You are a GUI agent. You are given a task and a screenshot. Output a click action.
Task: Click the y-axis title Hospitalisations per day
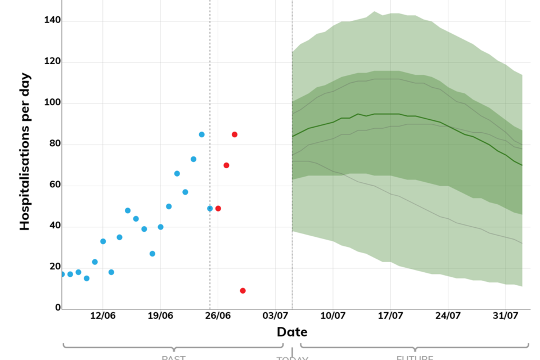pos(25,152)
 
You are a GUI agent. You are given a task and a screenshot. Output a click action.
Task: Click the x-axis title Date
pos(292,332)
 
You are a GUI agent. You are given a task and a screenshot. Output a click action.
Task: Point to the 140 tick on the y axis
pos(53,21)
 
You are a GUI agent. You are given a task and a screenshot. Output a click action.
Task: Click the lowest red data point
pos(242,291)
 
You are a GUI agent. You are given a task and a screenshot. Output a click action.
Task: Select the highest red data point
pos(235,134)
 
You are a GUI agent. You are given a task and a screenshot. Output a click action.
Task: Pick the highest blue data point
pos(201,134)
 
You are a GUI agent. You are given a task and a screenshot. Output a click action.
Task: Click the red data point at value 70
pos(226,165)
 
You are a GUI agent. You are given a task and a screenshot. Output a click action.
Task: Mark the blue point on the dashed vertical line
pos(210,208)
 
